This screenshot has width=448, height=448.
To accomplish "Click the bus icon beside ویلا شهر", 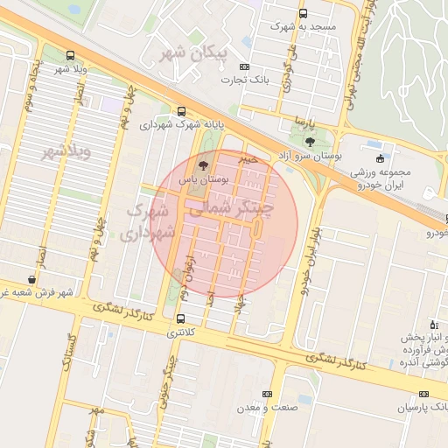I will pos(70,55).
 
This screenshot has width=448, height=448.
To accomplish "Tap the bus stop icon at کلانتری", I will pos(181,319).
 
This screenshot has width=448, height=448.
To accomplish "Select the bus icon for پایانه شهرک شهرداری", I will pos(181,111).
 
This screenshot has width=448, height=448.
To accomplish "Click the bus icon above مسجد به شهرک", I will pos(303,14).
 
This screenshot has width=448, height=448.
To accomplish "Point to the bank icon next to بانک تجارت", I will pos(243,66).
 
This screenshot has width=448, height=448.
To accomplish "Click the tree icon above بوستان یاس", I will pos(203,164).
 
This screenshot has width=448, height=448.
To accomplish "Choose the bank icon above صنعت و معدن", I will pos(267,395).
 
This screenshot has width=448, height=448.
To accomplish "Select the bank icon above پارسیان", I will pos(423,395).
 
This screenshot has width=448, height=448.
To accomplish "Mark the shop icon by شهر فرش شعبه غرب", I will pos(32,280).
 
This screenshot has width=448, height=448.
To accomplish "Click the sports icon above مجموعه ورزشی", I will pos(380,158).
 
